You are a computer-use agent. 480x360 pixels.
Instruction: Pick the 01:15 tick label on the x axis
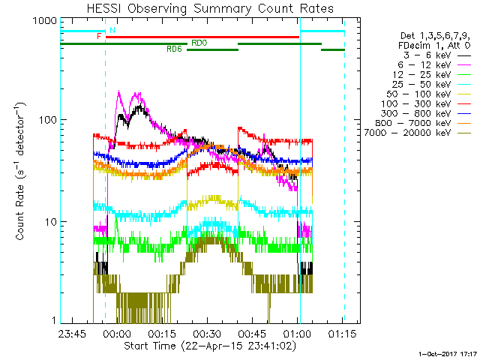[x=343, y=334]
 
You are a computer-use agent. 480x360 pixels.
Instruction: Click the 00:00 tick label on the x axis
[x=118, y=334]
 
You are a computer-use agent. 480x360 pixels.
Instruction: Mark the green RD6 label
[x=173, y=49]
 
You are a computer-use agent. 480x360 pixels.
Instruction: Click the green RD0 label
[x=199, y=43]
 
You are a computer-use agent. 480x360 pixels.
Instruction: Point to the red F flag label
[x=98, y=36]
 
